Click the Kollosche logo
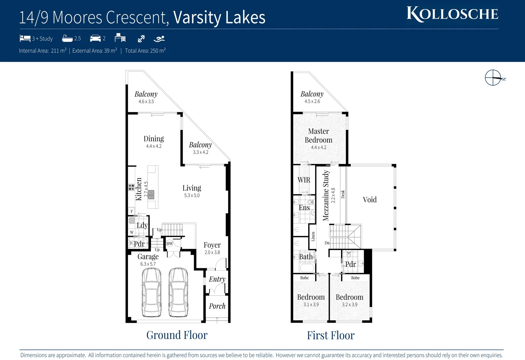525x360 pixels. pyautogui.click(x=452, y=14)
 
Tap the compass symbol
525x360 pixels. pyautogui.click(x=493, y=78)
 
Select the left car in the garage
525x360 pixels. pyautogui.click(x=152, y=292)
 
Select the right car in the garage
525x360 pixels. pyautogui.click(x=178, y=292)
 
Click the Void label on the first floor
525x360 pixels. pyautogui.click(x=370, y=200)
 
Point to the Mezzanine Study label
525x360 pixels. pyautogui.click(x=326, y=196)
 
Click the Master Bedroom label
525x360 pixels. pyautogui.click(x=318, y=136)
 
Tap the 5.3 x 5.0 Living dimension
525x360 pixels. pyautogui.click(x=192, y=196)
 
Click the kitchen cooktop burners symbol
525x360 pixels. pyautogui.click(x=132, y=187)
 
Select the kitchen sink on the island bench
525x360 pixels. pyautogui.click(x=151, y=194)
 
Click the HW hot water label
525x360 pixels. pyautogui.click(x=170, y=244)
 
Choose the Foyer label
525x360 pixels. pyautogui.click(x=212, y=245)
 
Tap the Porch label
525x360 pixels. pyautogui.click(x=217, y=306)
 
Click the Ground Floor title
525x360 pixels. pyautogui.click(x=177, y=335)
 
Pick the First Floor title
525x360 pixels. pyautogui.click(x=331, y=335)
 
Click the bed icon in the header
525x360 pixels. pyautogui.click(x=25, y=38)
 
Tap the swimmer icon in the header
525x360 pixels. pyautogui.click(x=159, y=39)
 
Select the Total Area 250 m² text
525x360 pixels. pyautogui.click(x=145, y=51)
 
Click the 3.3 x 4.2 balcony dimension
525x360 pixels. pyautogui.click(x=201, y=152)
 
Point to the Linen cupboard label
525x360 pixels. pyautogui.click(x=313, y=237)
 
